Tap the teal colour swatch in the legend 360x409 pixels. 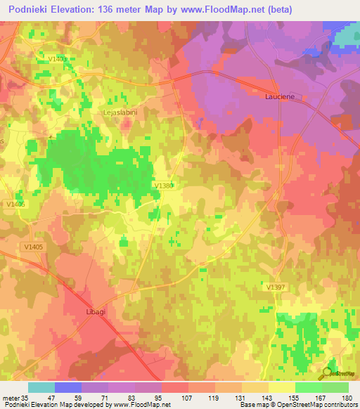(41, 387)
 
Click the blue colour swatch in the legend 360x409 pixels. (68, 387)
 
